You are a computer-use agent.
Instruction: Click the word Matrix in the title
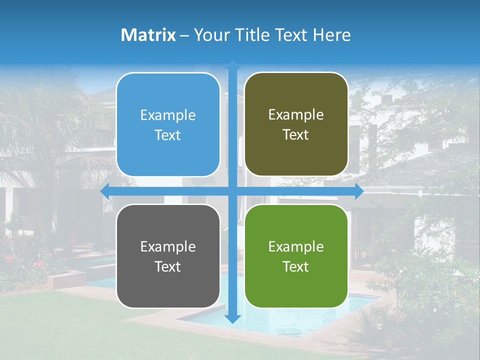(148, 35)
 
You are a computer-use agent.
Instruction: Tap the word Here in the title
(331, 35)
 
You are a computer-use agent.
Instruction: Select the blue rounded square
(168, 124)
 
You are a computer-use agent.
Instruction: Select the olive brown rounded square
(296, 124)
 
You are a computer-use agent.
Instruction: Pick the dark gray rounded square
(168, 256)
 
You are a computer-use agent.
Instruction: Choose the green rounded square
(296, 256)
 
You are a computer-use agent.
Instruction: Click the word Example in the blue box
(168, 115)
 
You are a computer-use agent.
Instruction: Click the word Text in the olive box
(296, 135)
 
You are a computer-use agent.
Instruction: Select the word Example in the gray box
(168, 246)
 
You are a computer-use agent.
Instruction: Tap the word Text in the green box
(296, 266)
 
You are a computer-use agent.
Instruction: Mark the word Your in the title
(210, 35)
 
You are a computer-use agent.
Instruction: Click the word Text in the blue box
(168, 135)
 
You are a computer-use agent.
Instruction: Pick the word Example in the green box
(296, 246)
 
